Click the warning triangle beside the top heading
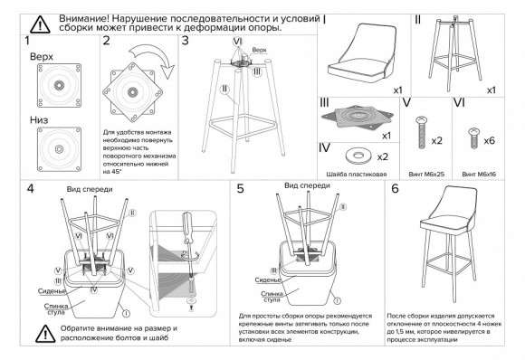(40, 24)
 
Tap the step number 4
(30, 189)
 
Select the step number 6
(395, 189)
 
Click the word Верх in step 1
(41, 57)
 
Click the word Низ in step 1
(39, 118)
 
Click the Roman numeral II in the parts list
(418, 19)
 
